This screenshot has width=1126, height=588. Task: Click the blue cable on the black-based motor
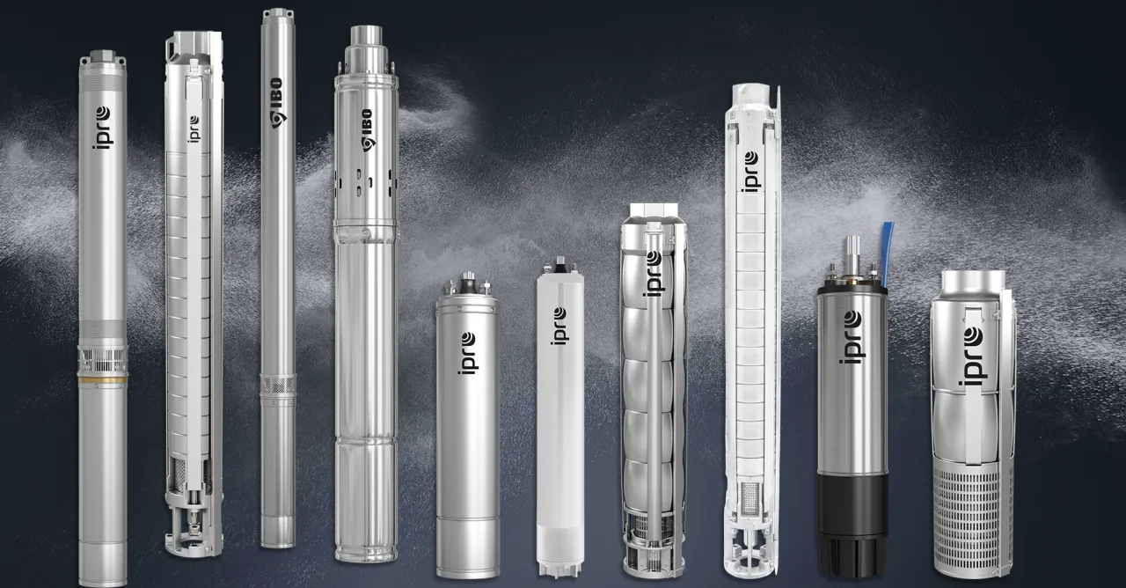888,254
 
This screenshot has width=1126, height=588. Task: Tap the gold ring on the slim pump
103,380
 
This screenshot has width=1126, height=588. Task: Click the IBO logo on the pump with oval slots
368,129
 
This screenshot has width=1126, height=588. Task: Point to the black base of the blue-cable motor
852,523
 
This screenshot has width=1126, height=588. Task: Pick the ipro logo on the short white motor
559,326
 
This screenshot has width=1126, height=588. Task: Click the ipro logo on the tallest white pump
750,172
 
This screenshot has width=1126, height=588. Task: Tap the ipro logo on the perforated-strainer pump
973,356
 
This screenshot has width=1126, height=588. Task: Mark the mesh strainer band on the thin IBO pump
278,385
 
